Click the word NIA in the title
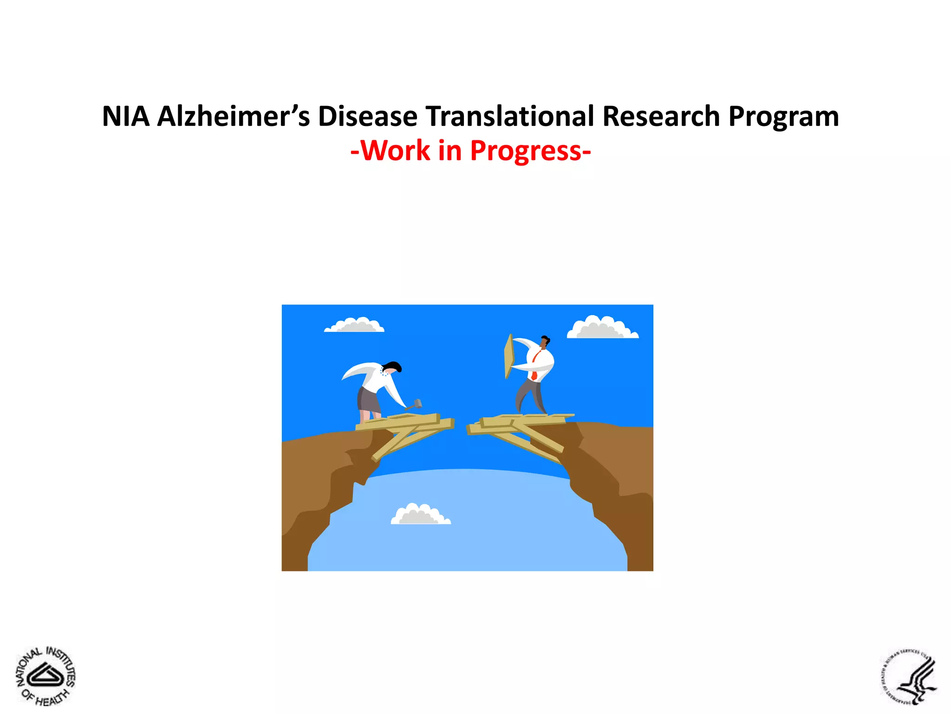pyautogui.click(x=126, y=116)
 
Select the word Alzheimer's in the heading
pyautogui.click(x=233, y=116)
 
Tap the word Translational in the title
pyautogui.click(x=509, y=116)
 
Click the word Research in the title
pyautogui.click(x=661, y=116)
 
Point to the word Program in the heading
pyautogui.click(x=783, y=117)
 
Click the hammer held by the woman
pyautogui.click(x=417, y=403)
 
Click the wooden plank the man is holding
pyautogui.click(x=509, y=356)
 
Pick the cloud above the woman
pyautogui.click(x=355, y=325)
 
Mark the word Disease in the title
pyautogui.click(x=367, y=116)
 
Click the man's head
pyautogui.click(x=544, y=342)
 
